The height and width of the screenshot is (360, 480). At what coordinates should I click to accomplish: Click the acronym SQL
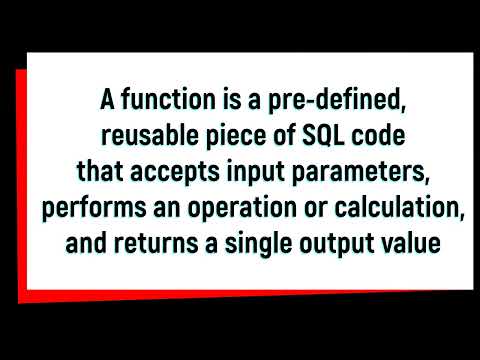point(312,136)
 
